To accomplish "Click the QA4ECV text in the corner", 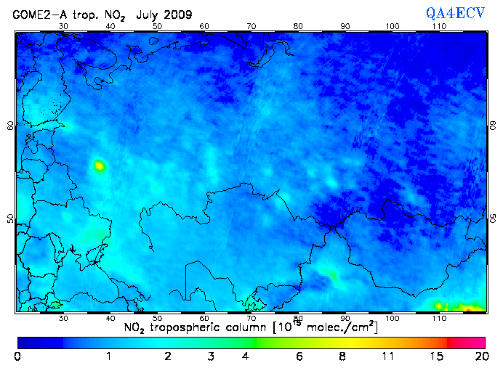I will (456, 14).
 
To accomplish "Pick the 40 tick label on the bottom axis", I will (110, 319).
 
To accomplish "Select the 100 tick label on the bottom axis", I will (393, 319).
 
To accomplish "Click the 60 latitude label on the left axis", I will (10, 125).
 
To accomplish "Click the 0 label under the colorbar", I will (17, 356).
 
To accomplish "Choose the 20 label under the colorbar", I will (479, 356).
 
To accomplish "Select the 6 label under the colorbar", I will (299, 356).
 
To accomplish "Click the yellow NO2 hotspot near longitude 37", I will (99, 166).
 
